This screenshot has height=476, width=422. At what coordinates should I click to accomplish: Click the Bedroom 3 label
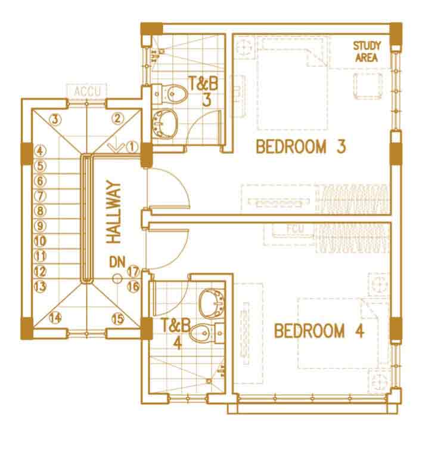pos(300,147)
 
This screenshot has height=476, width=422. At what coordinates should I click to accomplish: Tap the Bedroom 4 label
pos(319,331)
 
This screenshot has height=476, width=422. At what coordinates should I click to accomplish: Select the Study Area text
pos(367,51)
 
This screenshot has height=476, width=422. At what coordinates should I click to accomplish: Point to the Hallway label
pos(114,212)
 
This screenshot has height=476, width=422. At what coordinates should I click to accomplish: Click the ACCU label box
pos(87,91)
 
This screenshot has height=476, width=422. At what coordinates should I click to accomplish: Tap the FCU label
pos(295,229)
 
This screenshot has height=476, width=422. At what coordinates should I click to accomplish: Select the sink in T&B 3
pos(165,124)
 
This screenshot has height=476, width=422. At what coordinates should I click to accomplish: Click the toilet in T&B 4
pos(207,333)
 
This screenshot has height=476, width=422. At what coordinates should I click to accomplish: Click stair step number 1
pos(132,147)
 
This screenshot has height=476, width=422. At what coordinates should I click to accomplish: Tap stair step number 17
pos(133,271)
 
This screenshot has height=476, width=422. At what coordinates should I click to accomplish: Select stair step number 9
pos(40,226)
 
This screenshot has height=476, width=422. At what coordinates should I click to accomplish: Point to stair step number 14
pos(55,318)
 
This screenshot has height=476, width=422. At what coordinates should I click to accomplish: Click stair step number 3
pos(55,119)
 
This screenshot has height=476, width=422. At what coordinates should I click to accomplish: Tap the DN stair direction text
pos(117,262)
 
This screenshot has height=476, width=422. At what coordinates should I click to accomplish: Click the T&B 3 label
pos(204,91)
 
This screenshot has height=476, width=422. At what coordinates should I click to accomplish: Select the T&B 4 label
pos(176,334)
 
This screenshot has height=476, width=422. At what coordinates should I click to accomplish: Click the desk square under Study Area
pos(367,85)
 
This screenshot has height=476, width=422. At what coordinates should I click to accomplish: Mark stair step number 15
pos(118,319)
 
